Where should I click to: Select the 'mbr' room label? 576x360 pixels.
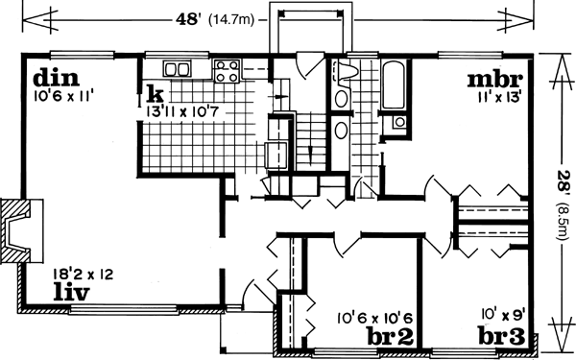[494, 79]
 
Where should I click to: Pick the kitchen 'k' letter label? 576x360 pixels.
[154, 94]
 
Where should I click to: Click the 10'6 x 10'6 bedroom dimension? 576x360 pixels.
[375, 317]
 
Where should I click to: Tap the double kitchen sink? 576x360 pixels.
[177, 68]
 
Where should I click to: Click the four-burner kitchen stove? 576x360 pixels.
[227, 69]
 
